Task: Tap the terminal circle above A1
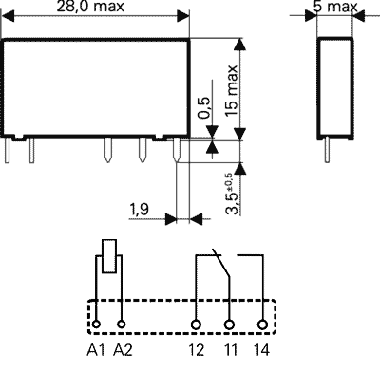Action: [x=98, y=325]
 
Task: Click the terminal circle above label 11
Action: [x=229, y=325]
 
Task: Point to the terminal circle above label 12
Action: [x=196, y=325]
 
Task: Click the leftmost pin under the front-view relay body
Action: [x=10, y=148]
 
